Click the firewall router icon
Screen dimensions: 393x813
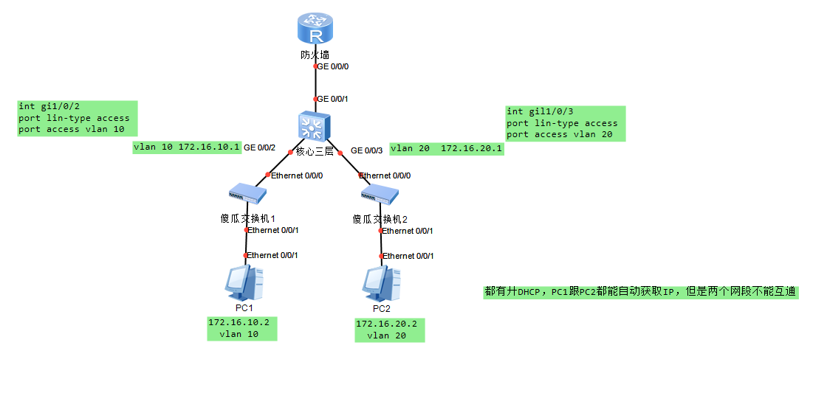click(x=315, y=30)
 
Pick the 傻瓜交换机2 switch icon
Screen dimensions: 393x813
click(x=380, y=195)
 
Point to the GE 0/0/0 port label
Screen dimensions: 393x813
click(x=333, y=66)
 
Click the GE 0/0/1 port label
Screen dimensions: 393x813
click(x=333, y=99)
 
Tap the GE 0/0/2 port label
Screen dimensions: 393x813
click(x=260, y=148)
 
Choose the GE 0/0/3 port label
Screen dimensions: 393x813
click(x=367, y=150)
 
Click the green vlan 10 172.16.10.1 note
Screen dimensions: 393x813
click(x=187, y=147)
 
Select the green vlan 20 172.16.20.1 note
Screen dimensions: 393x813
click(x=446, y=149)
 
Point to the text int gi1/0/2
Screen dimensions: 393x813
click(x=46, y=107)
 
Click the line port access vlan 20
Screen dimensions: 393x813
click(x=559, y=135)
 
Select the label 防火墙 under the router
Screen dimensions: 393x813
click(x=315, y=55)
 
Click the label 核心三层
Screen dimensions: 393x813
click(x=315, y=151)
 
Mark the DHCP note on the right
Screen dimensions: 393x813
click(x=640, y=292)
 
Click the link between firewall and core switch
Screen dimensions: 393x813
click(x=315, y=83)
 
